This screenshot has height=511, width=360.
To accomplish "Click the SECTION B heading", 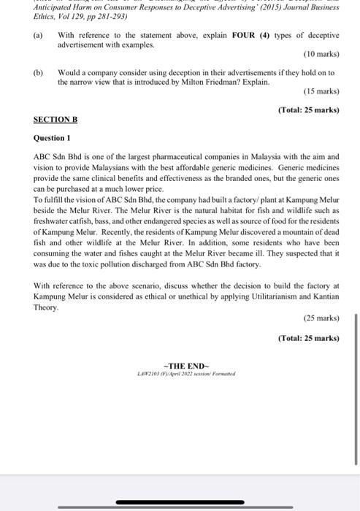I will [x=55, y=119].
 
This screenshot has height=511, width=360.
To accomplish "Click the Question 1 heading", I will [x=52, y=138].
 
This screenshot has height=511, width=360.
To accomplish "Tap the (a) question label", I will [x=38, y=35].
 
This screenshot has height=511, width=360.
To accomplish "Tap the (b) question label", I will [x=38, y=72].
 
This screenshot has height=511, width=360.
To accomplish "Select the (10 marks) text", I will [x=321, y=54].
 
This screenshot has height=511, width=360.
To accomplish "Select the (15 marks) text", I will [x=321, y=91].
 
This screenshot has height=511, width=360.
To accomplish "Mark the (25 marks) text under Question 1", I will [x=321, y=318].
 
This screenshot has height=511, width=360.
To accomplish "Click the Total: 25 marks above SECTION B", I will [x=309, y=110].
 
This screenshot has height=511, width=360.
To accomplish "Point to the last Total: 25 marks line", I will [x=309, y=338].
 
